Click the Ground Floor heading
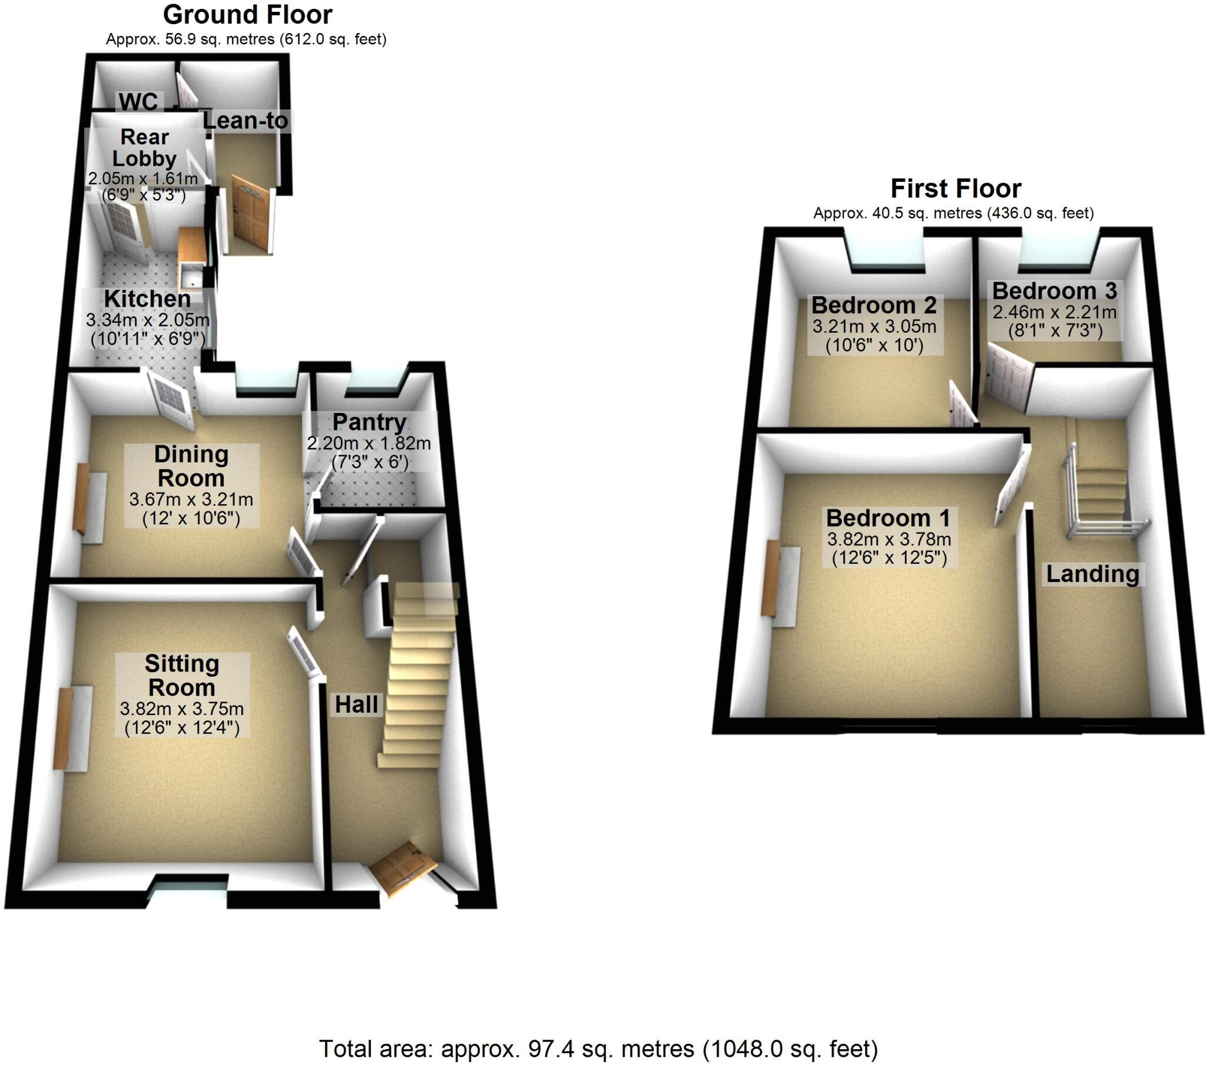tap(247, 15)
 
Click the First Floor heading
tap(955, 189)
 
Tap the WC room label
tap(138, 101)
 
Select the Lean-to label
tap(246, 120)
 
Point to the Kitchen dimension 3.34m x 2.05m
tap(147, 320)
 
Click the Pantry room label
tap(369, 422)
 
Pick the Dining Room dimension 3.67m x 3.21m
tap(191, 499)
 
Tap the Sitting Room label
tap(182, 676)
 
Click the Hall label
tap(356, 705)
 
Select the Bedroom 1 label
tap(888, 518)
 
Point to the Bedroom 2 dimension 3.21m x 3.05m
tap(874, 326)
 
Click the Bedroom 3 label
tap(1054, 290)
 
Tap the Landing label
tap(1093, 573)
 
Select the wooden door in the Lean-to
tap(251, 214)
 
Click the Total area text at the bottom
tap(598, 1049)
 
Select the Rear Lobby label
tap(144, 148)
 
